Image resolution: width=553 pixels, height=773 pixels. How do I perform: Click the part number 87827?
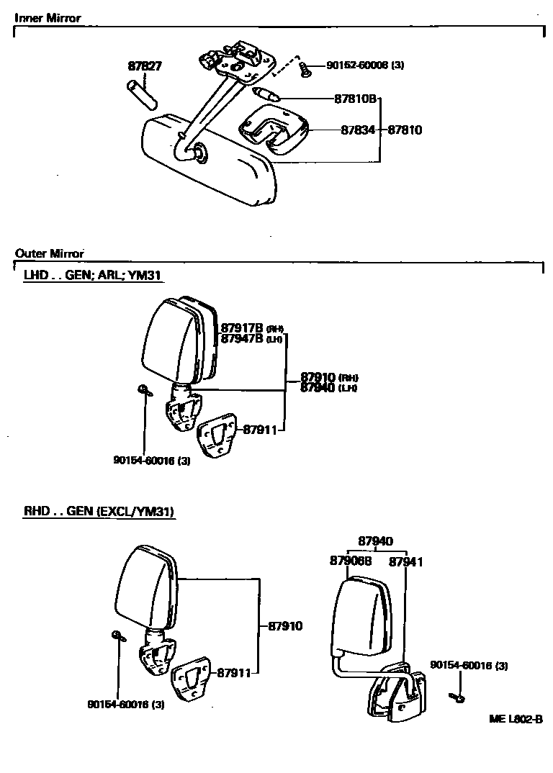145,66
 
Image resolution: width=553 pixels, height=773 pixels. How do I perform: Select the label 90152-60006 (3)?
365,65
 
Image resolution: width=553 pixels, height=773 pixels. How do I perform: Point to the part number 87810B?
356,98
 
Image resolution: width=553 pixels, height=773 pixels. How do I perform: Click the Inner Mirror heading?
48,18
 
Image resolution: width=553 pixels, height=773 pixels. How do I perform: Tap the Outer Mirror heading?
50,253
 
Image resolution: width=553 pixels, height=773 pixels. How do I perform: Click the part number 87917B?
243,327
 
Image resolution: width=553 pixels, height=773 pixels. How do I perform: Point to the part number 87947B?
243,338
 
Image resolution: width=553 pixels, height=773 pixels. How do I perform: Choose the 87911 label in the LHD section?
260,430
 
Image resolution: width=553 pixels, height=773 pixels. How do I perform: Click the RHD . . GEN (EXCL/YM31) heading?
99,512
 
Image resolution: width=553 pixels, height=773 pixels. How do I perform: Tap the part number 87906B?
351,561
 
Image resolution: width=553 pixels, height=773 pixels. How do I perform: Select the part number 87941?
405,561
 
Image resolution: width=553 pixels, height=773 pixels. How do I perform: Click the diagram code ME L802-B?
515,718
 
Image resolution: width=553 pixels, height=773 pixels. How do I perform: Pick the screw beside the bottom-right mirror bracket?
458,696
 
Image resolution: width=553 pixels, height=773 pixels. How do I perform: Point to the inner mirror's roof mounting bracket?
237,57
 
